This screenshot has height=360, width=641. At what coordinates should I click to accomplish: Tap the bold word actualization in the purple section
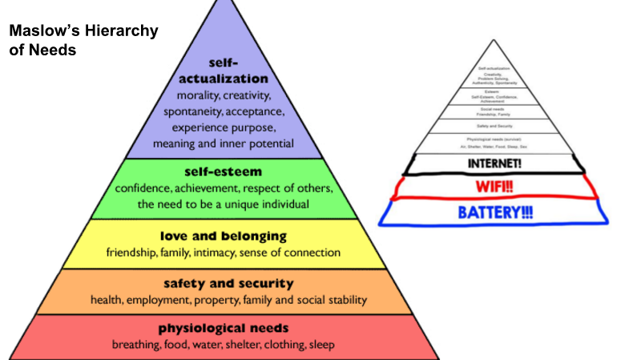click(224, 79)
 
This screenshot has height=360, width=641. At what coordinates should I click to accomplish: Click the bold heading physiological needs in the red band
click(223, 328)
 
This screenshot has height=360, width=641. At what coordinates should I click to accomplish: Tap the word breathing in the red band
click(136, 345)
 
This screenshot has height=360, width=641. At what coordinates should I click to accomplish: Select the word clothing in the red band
click(281, 345)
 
